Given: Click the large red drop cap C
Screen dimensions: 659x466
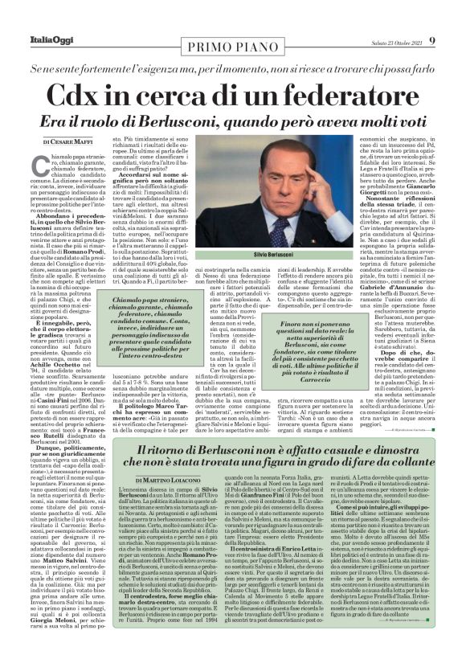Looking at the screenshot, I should point(40,165).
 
